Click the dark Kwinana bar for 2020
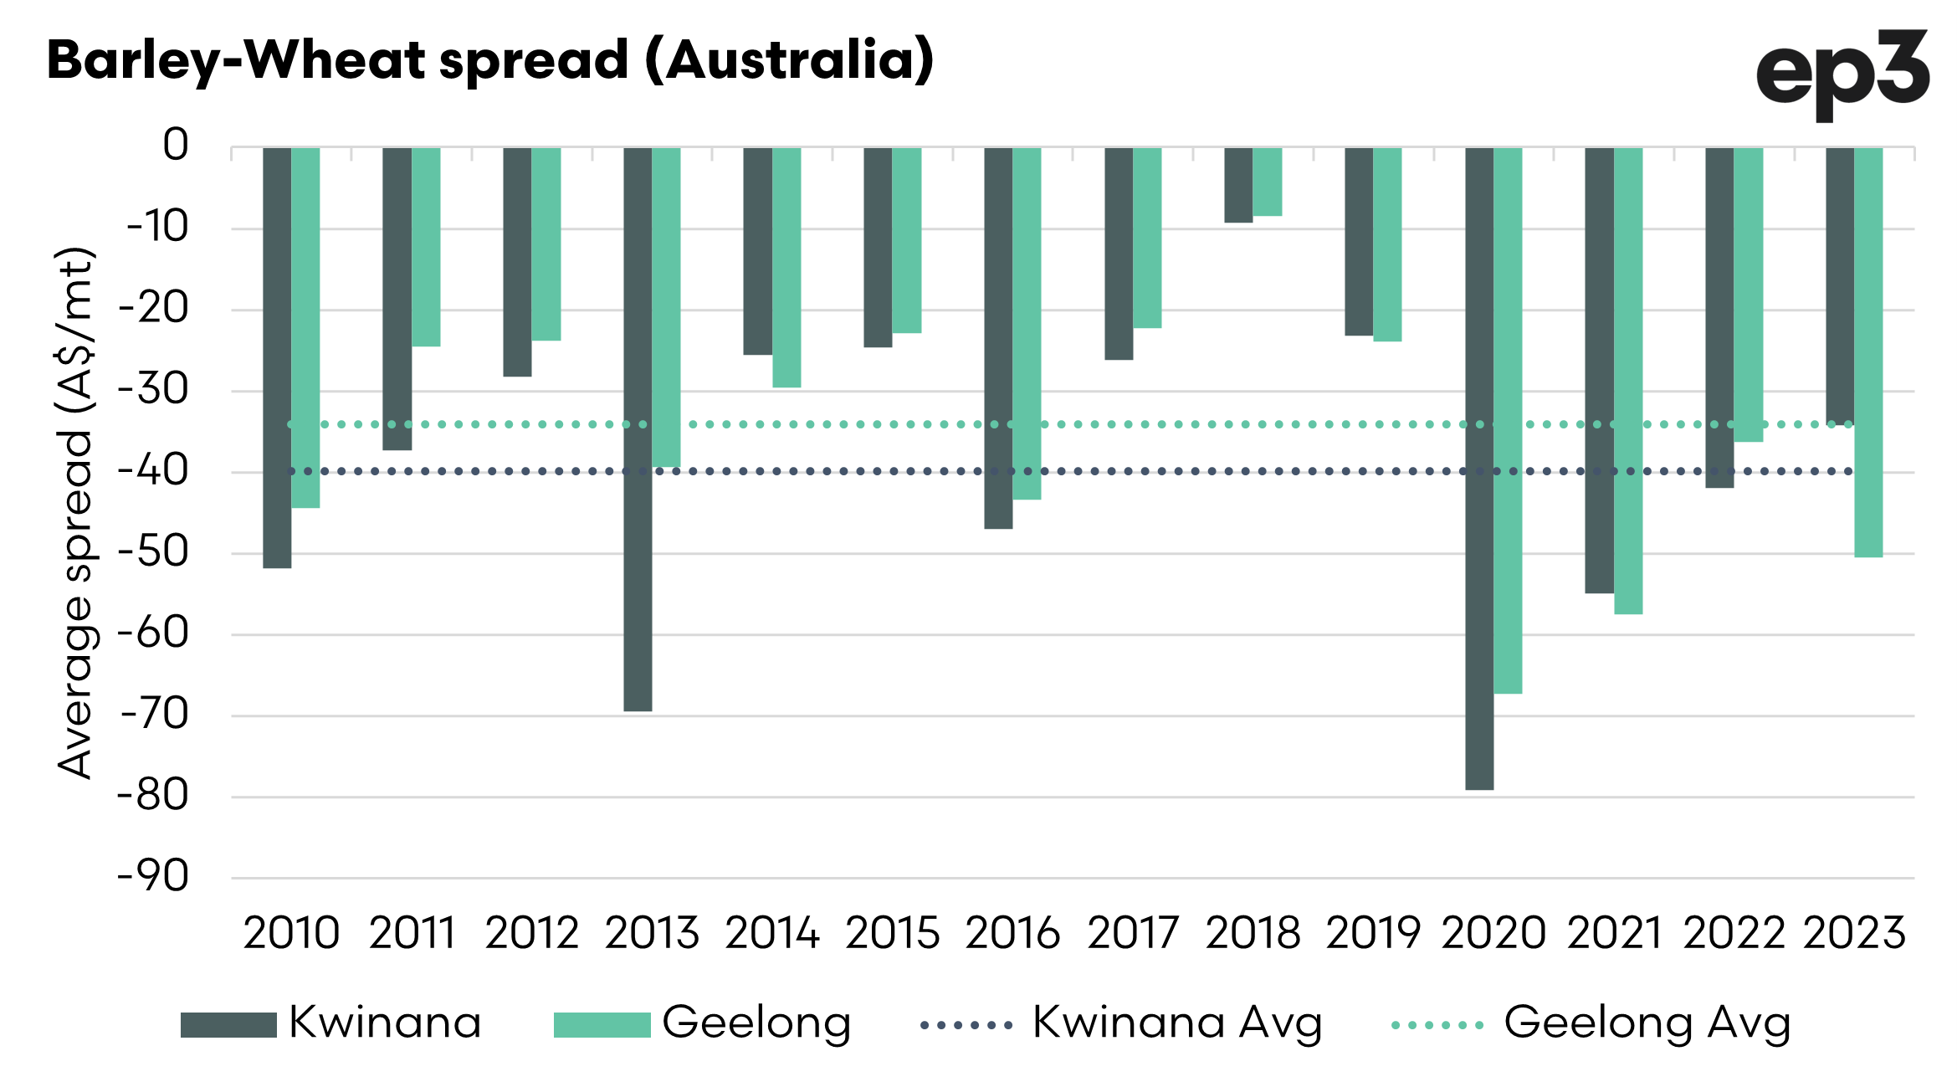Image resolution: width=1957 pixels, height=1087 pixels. click(x=1479, y=469)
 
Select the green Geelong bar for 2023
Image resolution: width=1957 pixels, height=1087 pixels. click(x=1868, y=352)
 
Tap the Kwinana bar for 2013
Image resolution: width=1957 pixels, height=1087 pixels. click(x=638, y=429)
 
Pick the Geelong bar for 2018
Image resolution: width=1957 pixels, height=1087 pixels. click(x=1268, y=182)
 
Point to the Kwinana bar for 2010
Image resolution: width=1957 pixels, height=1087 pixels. click(x=277, y=358)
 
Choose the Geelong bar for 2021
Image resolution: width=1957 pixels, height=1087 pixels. click(x=1628, y=381)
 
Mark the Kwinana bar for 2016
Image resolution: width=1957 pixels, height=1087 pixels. click(x=998, y=338)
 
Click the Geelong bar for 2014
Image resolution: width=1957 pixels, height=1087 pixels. click(x=786, y=268)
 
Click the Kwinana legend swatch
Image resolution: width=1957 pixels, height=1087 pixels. click(x=228, y=1025)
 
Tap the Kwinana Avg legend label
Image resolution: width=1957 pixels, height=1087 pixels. click(x=1177, y=1023)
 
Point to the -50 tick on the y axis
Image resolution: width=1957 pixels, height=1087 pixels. click(x=154, y=552)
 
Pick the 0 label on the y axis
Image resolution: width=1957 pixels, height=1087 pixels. click(x=176, y=145)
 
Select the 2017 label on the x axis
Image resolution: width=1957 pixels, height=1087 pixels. click(x=1133, y=933)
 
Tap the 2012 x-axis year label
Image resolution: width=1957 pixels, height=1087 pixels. click(x=531, y=933)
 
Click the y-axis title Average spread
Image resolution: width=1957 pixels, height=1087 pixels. click(x=75, y=513)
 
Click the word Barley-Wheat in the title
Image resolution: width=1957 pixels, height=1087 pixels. click(x=236, y=61)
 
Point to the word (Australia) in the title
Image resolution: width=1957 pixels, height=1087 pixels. click(x=789, y=61)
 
